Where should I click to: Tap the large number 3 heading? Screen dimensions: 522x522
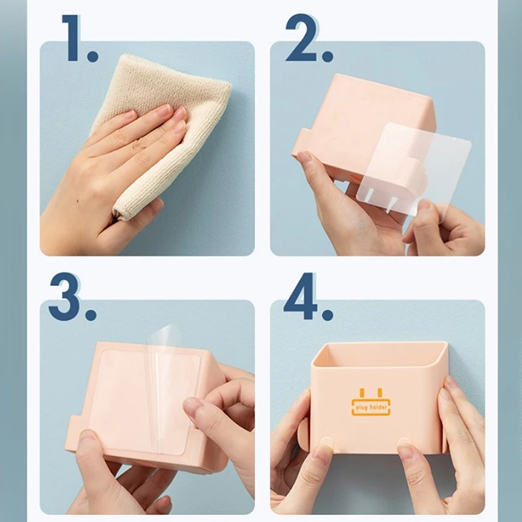click(64, 296)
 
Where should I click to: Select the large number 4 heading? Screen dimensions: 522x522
click(300, 296)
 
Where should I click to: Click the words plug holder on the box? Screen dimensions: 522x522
click(371, 407)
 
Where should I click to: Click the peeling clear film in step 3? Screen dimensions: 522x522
click(157, 383)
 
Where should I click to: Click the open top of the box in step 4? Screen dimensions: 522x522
click(380, 354)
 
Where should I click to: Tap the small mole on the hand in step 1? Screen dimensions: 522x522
click(78, 201)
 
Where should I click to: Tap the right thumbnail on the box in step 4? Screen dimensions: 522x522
click(404, 442)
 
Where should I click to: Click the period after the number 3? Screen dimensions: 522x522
click(91, 314)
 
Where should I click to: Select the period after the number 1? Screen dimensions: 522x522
click(92, 55)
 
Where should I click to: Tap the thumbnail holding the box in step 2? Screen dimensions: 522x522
click(303, 157)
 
